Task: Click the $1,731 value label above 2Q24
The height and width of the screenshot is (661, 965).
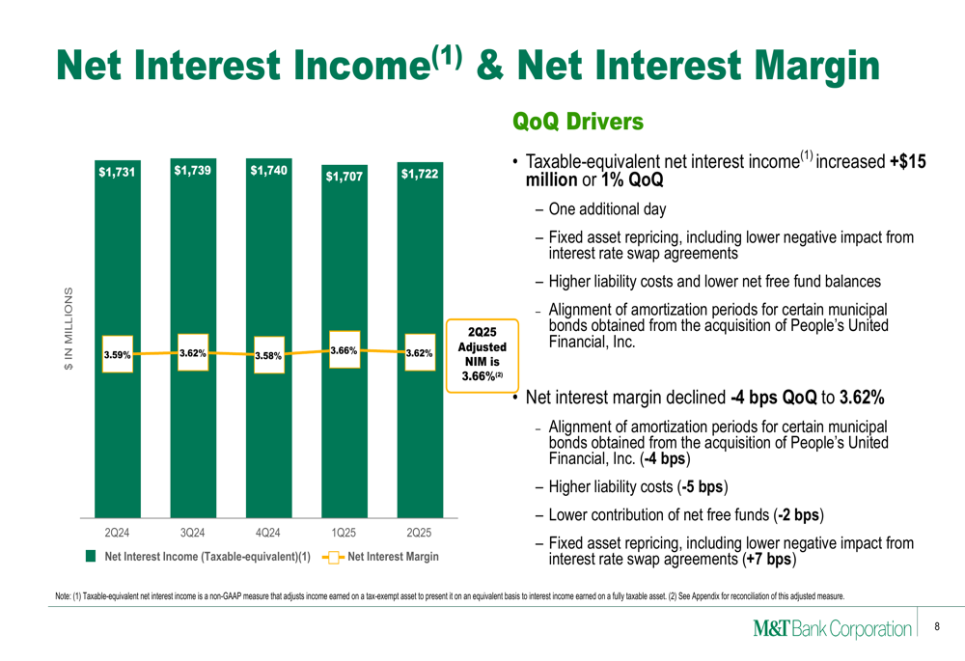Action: [x=117, y=173]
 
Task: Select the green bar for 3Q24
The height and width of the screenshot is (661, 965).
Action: [x=193, y=338]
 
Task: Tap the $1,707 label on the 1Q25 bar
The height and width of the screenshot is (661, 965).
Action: [x=345, y=177]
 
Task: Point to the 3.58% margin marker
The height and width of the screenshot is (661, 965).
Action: [x=269, y=355]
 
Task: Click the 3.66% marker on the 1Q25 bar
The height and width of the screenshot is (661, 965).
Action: [x=345, y=350]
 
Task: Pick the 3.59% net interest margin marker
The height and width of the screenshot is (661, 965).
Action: [x=118, y=354]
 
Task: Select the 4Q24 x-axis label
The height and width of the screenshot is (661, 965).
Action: [x=267, y=533]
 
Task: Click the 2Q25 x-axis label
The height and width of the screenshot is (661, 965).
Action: [x=419, y=533]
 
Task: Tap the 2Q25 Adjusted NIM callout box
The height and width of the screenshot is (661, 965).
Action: [x=482, y=355]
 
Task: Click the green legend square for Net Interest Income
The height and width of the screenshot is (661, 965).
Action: [x=91, y=557]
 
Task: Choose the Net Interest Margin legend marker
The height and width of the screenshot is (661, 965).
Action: [x=333, y=557]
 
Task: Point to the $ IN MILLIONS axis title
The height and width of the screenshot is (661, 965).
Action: [x=69, y=329]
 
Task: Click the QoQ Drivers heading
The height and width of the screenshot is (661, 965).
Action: [x=578, y=122]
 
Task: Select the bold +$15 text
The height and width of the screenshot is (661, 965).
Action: [x=908, y=161]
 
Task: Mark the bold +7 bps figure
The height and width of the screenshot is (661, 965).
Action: [x=769, y=560]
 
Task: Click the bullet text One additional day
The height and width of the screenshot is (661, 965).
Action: [x=607, y=209]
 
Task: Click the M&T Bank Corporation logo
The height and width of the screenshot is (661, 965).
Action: [x=832, y=628]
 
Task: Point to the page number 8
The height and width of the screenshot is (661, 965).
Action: [x=937, y=626]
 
